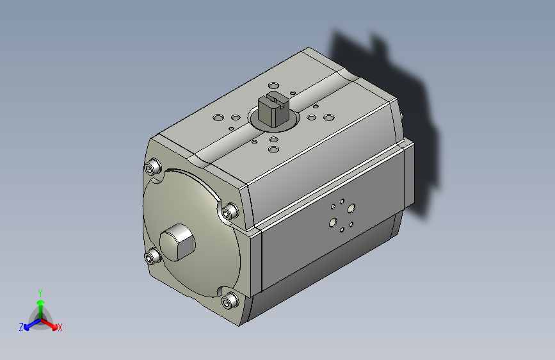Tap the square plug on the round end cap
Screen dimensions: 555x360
(x=177, y=242)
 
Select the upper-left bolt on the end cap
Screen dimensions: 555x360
(x=153, y=167)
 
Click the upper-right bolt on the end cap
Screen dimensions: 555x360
(x=230, y=211)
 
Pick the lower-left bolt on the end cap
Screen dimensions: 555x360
(x=152, y=256)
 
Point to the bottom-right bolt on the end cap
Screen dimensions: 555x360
(x=230, y=301)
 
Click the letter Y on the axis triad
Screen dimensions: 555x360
(x=40, y=293)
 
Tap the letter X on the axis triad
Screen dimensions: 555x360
(x=60, y=327)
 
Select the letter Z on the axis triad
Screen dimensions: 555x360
(x=21, y=327)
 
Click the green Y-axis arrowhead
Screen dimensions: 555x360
(x=41, y=303)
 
